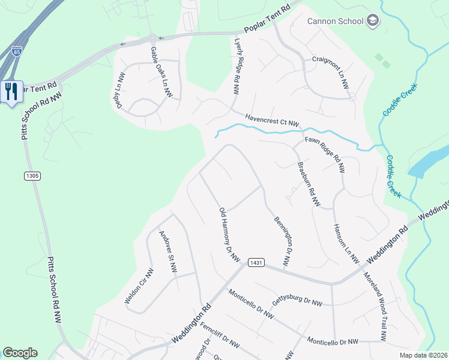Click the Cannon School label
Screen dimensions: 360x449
336,22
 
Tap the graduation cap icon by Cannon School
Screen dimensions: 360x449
373,22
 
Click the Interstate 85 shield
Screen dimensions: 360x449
17,51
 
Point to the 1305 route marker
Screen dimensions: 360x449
32,176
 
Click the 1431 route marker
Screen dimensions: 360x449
256,262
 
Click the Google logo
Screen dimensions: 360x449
20,353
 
